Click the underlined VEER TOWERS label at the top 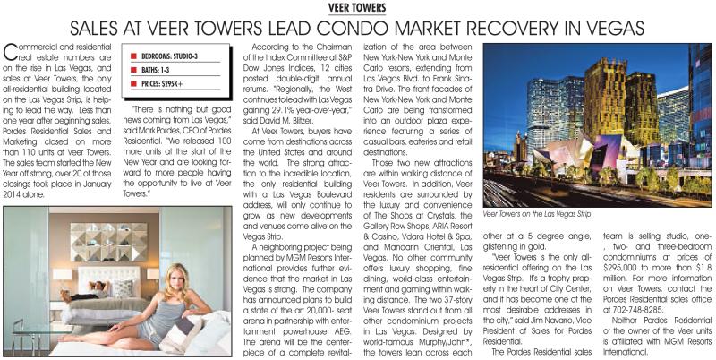click(357, 7)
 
